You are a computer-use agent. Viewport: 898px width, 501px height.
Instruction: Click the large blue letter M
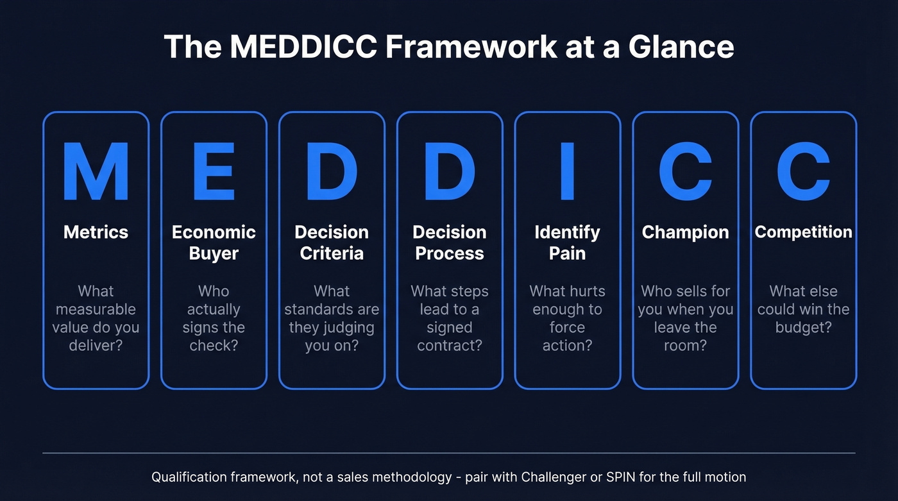tap(96, 173)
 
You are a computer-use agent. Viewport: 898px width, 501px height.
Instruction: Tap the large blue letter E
tap(214, 173)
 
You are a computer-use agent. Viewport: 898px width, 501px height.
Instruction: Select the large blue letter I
tap(567, 173)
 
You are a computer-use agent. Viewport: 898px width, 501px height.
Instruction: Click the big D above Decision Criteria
tap(332, 173)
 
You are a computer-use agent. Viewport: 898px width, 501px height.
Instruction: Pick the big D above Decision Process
tap(450, 173)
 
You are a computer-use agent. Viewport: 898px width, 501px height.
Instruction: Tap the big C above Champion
tap(685, 173)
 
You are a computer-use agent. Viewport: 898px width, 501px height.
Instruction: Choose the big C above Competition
tap(803, 173)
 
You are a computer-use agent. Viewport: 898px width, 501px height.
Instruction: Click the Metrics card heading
tap(96, 232)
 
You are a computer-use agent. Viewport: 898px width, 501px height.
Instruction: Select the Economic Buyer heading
tap(214, 242)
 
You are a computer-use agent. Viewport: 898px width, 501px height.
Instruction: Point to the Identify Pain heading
tap(567, 242)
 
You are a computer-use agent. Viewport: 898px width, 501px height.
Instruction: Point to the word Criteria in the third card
tap(332, 253)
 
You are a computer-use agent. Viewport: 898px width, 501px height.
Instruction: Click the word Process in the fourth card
tap(450, 253)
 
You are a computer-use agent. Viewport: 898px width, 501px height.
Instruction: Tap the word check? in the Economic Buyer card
tap(214, 345)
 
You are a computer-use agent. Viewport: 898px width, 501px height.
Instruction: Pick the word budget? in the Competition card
tap(803, 327)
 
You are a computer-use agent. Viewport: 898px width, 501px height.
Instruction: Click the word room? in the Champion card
tap(685, 345)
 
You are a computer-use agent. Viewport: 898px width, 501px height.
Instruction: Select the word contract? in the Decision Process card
tap(450, 345)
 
